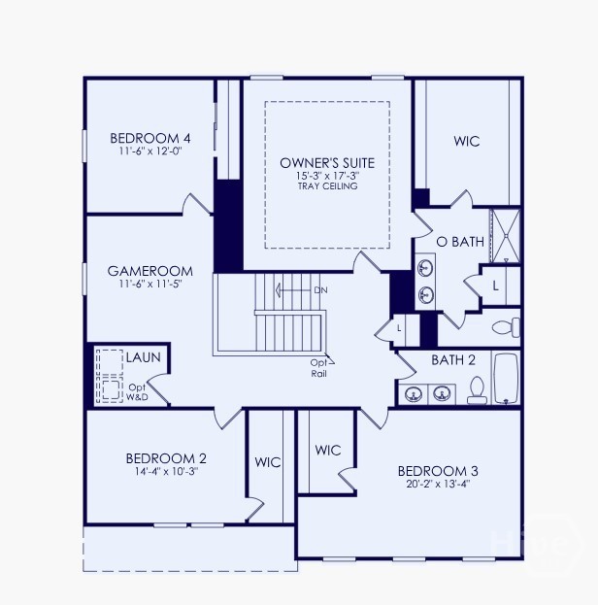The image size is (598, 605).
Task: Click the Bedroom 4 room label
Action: (x=150, y=138)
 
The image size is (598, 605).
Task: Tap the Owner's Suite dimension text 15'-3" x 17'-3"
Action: (x=327, y=176)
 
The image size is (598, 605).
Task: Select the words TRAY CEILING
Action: (x=327, y=186)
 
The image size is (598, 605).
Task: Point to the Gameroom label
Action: (x=150, y=271)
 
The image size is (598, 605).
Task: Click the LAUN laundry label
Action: (x=143, y=357)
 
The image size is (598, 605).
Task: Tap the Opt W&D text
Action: (x=137, y=392)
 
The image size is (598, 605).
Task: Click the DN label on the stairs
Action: (x=320, y=290)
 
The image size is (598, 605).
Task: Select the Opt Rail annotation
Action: (x=318, y=368)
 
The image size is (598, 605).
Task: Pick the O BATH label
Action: (x=460, y=242)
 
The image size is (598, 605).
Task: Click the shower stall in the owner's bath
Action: (x=506, y=236)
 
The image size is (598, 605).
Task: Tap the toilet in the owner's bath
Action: (x=506, y=327)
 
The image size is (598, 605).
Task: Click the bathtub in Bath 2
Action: (x=506, y=379)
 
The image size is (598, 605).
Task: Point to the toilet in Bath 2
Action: (x=477, y=390)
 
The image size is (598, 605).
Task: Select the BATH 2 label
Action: (x=453, y=360)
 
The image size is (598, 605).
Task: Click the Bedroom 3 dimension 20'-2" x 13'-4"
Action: (x=438, y=484)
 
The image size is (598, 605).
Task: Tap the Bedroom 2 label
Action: (x=166, y=458)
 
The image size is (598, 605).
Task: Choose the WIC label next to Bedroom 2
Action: (x=268, y=462)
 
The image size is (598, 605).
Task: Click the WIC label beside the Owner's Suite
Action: (x=467, y=141)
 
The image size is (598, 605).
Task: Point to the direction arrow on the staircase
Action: (x=293, y=290)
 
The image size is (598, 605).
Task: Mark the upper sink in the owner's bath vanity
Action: (x=425, y=267)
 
